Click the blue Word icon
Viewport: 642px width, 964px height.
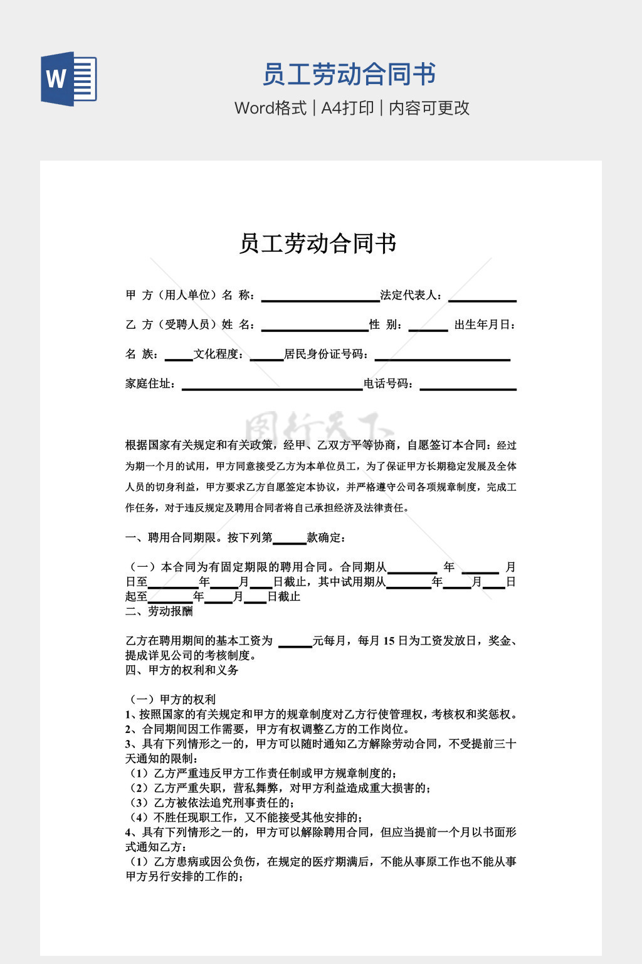tap(69, 79)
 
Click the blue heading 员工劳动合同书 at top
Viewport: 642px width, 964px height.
tap(349, 75)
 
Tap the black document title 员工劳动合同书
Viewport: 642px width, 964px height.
tap(318, 244)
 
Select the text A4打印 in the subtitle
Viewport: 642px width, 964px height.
tap(347, 108)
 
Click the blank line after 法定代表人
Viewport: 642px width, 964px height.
tap(482, 297)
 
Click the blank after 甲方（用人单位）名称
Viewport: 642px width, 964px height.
tap(320, 297)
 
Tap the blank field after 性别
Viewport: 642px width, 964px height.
tap(428, 326)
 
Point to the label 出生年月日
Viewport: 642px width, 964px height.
tap(485, 325)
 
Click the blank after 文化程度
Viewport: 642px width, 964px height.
tap(266, 356)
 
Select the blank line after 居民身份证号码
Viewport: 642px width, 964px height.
tap(442, 356)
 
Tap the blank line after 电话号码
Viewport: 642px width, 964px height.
tap(468, 385)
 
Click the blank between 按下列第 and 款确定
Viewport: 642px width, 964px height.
tap(290, 539)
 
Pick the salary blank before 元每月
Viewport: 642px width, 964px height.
tap(295, 642)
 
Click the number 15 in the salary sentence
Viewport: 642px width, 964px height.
tap(388, 641)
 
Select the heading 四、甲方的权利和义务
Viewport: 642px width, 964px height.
tap(182, 670)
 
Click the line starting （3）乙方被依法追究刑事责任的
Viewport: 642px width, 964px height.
tap(211, 803)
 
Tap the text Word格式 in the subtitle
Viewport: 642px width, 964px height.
tap(270, 108)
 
